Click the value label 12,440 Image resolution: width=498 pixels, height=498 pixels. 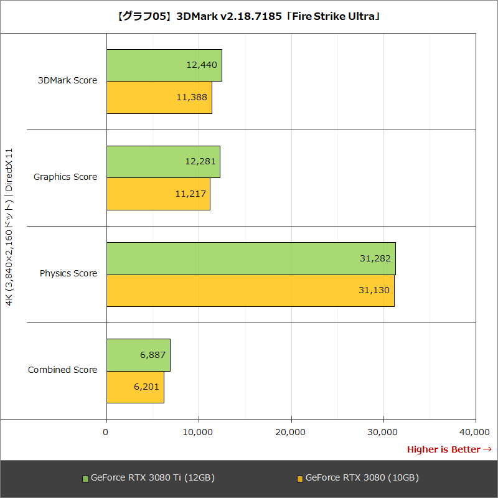[x=201, y=64]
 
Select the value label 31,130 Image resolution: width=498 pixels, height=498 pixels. [x=375, y=291]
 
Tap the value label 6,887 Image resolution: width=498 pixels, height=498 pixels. [x=153, y=355]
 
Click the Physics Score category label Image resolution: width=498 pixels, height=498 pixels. [x=68, y=273]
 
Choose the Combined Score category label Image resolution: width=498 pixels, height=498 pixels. [x=62, y=370]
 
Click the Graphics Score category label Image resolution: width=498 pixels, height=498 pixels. [x=65, y=177]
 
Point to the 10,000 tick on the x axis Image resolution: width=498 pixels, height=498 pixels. [x=199, y=432]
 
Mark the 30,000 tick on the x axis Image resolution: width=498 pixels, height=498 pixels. [x=383, y=432]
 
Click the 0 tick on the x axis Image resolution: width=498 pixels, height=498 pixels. [x=106, y=432]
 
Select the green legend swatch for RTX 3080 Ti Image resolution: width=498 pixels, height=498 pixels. [x=86, y=479]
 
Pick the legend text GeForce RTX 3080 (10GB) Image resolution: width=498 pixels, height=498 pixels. [x=362, y=478]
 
